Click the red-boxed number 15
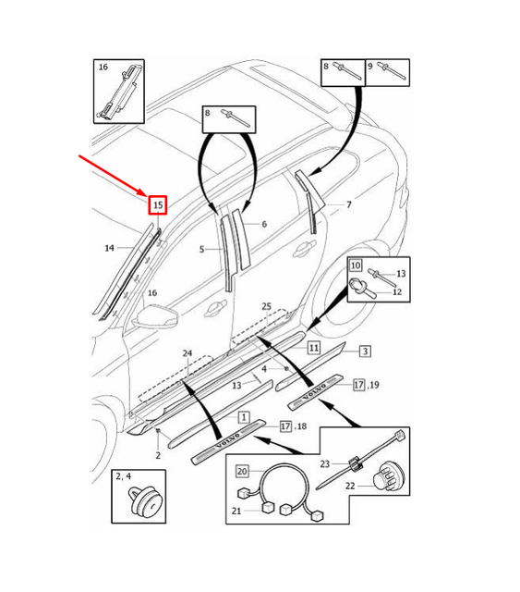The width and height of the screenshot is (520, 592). tap(158, 204)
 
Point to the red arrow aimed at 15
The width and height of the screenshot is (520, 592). tap(115, 175)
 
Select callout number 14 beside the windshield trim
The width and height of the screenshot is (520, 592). tap(109, 248)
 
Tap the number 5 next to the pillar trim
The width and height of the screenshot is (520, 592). tap(202, 249)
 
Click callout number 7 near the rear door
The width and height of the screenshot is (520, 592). tap(348, 204)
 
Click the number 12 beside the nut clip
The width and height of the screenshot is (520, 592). tap(398, 292)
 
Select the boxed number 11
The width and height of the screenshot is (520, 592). tap(314, 348)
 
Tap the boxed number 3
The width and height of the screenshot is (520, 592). tap(365, 351)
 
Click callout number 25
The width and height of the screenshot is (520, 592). tap(266, 306)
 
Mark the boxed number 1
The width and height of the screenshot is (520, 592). tap(245, 417)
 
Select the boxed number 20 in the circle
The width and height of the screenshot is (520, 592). tap(242, 471)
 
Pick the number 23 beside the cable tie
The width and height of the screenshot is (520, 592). tap(324, 463)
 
